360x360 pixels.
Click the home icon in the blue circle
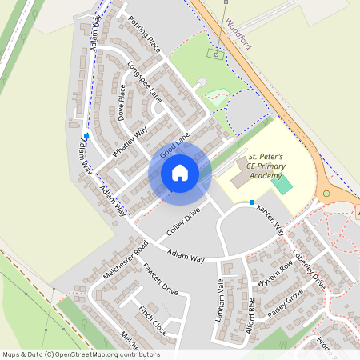pyautogui.click(x=180, y=173)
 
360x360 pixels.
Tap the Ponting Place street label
pyautogui.click(x=145, y=33)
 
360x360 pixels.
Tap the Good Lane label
pyautogui.click(x=174, y=145)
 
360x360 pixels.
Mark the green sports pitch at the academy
pyautogui.click(x=281, y=184)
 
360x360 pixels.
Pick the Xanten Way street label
pyautogui.click(x=270, y=218)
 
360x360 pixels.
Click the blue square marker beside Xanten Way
pyautogui.click(x=252, y=202)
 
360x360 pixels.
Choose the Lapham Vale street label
pyautogui.click(x=222, y=296)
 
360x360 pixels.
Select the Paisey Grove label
pyautogui.click(x=287, y=305)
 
